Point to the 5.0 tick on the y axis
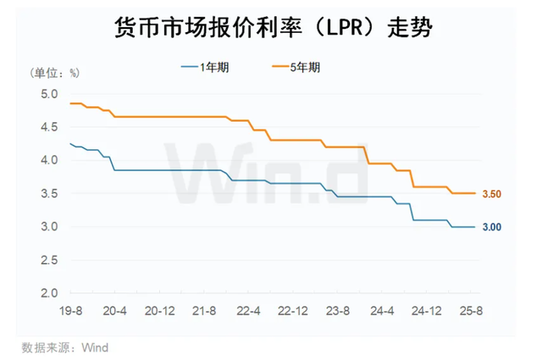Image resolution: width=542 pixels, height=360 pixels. pyautogui.click(x=50, y=93)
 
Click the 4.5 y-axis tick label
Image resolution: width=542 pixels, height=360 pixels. pyautogui.click(x=50, y=127)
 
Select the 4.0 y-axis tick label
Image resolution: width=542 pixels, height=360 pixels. pyautogui.click(x=50, y=160)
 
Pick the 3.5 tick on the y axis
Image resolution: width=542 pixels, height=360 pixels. pyautogui.click(x=50, y=194)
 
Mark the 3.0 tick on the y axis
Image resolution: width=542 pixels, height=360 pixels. pyautogui.click(x=50, y=227)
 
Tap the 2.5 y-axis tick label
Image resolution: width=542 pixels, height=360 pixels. pyautogui.click(x=50, y=261)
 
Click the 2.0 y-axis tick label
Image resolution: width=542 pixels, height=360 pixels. pyautogui.click(x=50, y=294)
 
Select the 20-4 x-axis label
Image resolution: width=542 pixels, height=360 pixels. pyautogui.click(x=114, y=312)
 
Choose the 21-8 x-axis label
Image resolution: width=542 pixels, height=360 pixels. pyautogui.click(x=203, y=312)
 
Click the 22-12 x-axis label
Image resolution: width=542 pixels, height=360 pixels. pyautogui.click(x=293, y=312)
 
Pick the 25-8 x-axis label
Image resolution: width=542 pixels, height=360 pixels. pyautogui.click(x=472, y=312)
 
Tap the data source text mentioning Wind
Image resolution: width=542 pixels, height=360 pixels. pyautogui.click(x=65, y=347)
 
